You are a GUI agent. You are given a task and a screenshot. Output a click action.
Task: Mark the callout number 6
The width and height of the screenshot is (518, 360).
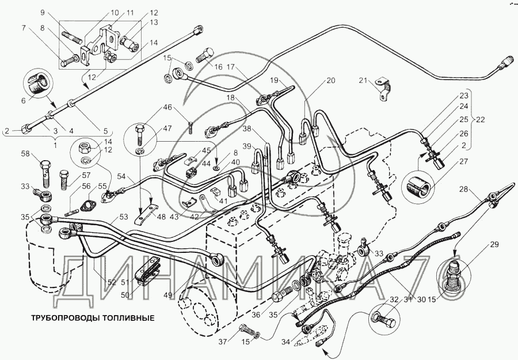(24, 100)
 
